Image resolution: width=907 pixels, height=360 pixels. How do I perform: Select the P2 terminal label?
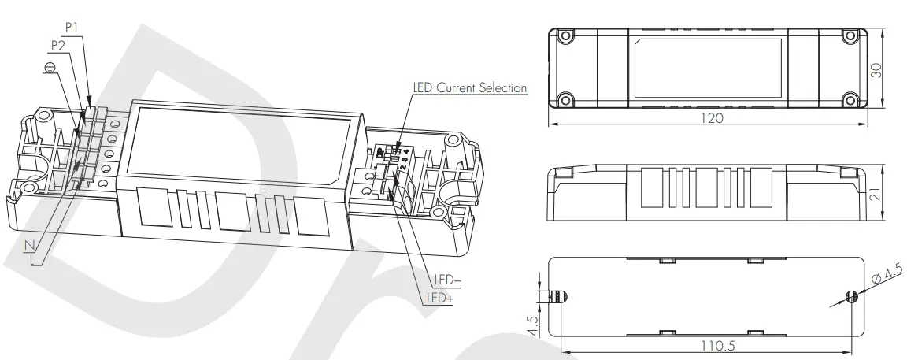click(57, 45)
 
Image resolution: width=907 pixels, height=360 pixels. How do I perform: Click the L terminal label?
click(35, 262)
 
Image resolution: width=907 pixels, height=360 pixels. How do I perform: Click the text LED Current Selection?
click(470, 87)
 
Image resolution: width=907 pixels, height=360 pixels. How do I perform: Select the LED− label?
click(448, 280)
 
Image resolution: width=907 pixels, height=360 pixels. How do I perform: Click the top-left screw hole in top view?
click(564, 36)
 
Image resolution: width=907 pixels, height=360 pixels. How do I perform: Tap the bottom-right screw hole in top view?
click(849, 99)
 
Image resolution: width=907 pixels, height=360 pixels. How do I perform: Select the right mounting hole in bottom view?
click(850, 296)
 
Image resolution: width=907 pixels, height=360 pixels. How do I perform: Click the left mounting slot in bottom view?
click(561, 296)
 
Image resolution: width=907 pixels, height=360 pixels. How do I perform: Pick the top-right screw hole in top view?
click(849, 36)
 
